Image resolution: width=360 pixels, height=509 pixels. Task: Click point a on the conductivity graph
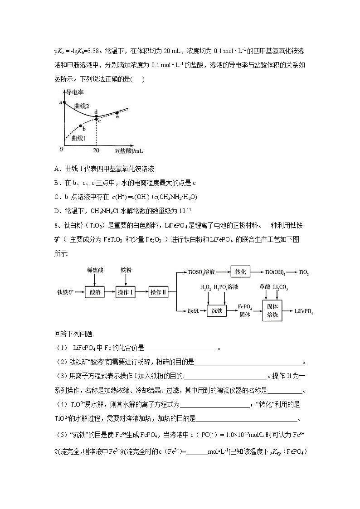click(x=64, y=103)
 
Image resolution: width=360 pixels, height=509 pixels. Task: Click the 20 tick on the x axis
click(x=96, y=150)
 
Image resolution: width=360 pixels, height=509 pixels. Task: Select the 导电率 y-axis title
click(x=76, y=92)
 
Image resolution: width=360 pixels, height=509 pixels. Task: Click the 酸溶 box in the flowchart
click(x=95, y=292)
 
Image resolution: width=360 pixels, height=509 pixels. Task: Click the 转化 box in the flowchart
click(x=240, y=272)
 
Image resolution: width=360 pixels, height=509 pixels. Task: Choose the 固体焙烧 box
click(x=273, y=310)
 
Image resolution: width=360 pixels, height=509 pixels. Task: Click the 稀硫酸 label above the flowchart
click(x=95, y=270)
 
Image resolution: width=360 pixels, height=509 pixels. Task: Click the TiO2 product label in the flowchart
click(x=303, y=272)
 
